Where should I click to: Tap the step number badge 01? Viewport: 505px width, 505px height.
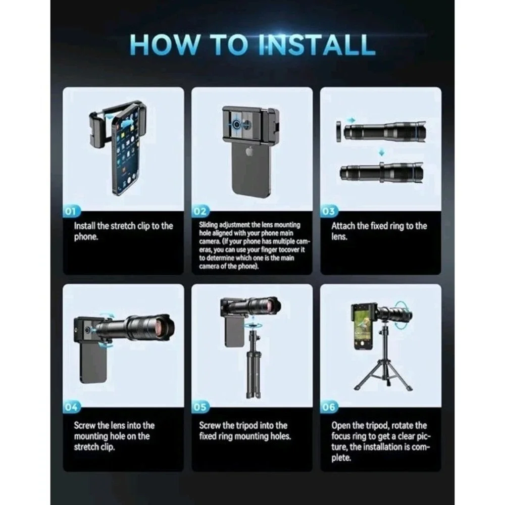[x=71, y=211]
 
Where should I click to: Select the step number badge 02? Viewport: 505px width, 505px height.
[x=200, y=211]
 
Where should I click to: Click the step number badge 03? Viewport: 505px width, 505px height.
[x=329, y=211]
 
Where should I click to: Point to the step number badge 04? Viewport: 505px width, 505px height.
[x=71, y=407]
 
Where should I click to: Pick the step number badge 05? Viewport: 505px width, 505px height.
[x=200, y=407]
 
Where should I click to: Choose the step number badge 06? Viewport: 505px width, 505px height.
[x=329, y=407]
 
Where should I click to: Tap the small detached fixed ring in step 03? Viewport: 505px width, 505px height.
[x=338, y=132]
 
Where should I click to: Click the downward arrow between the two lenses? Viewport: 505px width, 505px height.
[x=381, y=153]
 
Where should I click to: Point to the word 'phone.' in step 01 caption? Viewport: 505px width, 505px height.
[x=86, y=237]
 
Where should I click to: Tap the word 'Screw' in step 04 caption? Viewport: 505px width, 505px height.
[x=85, y=425]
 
